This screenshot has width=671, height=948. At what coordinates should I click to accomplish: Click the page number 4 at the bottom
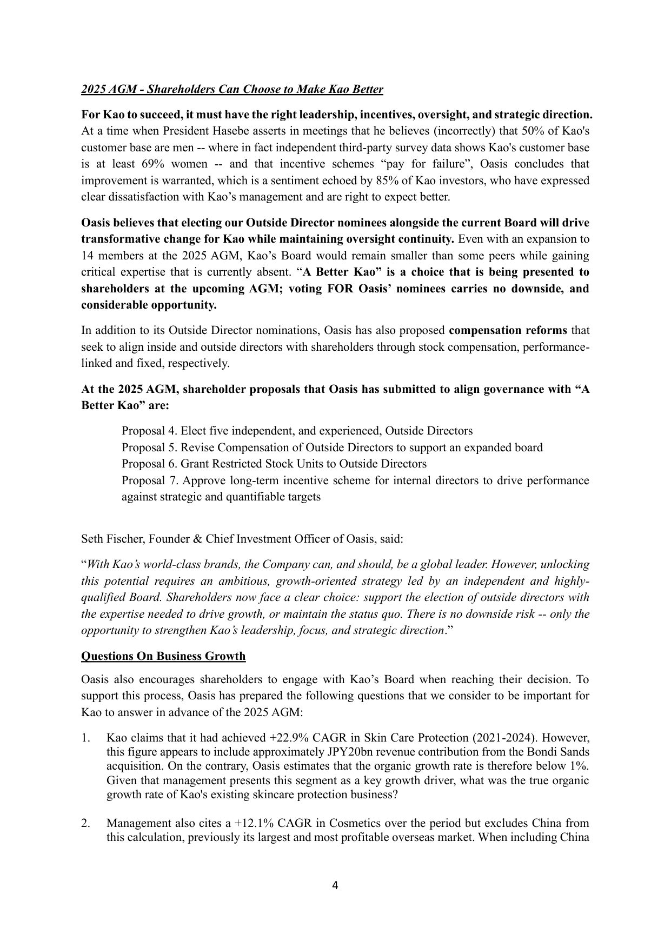coord(335,885)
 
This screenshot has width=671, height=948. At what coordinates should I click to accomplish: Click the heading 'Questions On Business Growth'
coord(163,656)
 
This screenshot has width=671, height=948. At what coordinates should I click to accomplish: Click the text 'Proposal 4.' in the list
coord(149,431)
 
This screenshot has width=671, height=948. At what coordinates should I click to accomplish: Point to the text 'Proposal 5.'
coord(149,448)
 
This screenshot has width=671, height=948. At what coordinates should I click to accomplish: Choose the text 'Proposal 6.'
coord(149,464)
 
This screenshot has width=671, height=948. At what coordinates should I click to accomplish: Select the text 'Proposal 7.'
coord(149,480)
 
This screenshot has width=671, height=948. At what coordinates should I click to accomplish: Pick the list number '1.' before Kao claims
coord(85,738)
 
